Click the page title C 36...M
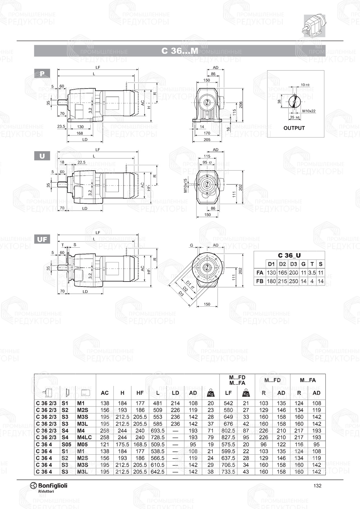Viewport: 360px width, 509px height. [x=180, y=51]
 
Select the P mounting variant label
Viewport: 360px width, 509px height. [x=42, y=74]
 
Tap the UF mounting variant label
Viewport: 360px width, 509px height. [x=42, y=239]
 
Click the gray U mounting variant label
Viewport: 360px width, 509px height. [x=42, y=156]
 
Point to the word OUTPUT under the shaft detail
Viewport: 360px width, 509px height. [x=294, y=128]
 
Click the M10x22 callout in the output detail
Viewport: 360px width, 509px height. [x=309, y=111]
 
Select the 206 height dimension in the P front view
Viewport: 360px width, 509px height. [x=241, y=104]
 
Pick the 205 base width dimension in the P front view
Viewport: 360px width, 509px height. [x=207, y=140]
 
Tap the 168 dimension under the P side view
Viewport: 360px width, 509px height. [x=80, y=133]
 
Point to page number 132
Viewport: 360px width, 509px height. [x=317, y=486]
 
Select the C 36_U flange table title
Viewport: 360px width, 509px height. [x=289, y=256]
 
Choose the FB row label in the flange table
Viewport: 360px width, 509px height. [x=260, y=281]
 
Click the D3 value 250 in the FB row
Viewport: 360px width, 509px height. [x=293, y=281]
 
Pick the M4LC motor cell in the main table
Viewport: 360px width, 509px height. [x=85, y=437]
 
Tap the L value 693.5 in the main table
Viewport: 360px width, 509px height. [x=158, y=431]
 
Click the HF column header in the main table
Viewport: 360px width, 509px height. [x=140, y=393]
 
